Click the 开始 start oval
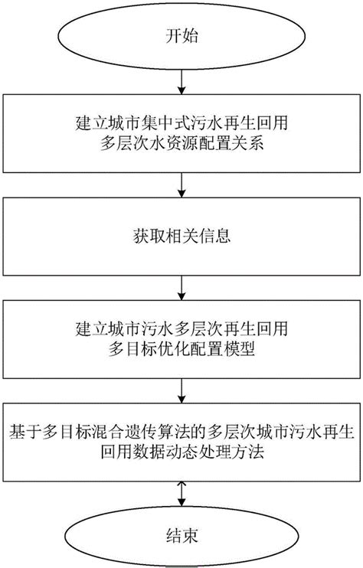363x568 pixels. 181,35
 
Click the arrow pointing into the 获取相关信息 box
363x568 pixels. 181,184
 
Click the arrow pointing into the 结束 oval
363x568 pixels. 181,494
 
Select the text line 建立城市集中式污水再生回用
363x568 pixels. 181,122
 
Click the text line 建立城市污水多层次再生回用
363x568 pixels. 181,328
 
